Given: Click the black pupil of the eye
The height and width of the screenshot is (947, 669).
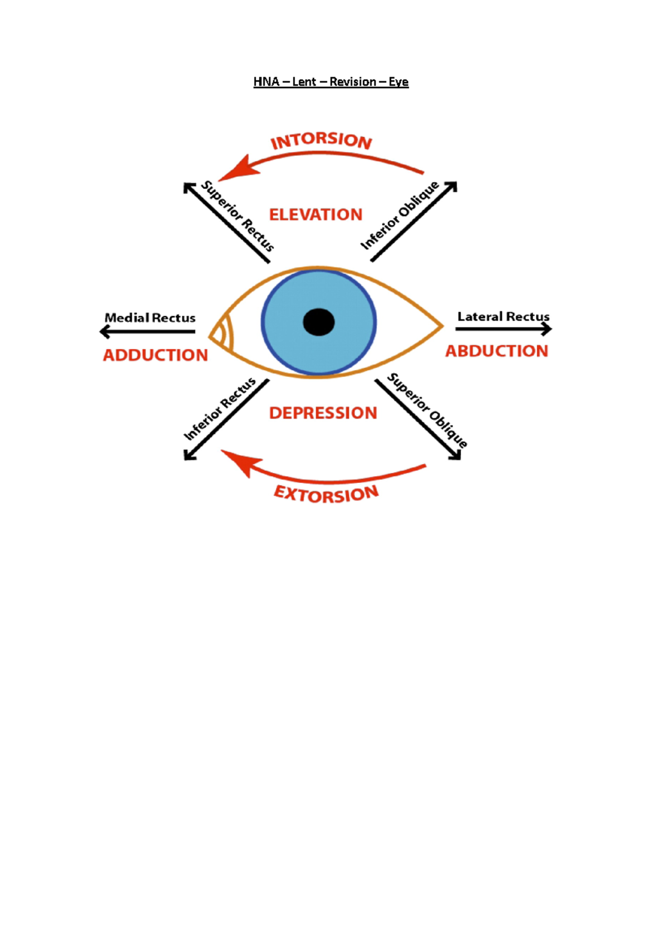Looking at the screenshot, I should [x=319, y=322].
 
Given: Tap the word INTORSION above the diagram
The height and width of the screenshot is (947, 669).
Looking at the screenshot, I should [x=321, y=141].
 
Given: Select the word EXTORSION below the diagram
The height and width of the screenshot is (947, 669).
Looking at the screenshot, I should [x=326, y=494].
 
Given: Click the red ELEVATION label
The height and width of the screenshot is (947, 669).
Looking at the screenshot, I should [x=316, y=215].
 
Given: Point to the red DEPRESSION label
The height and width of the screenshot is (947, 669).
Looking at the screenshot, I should [x=323, y=413].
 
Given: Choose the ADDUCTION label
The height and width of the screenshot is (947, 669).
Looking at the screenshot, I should [x=156, y=355].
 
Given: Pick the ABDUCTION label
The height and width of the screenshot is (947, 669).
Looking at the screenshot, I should [x=497, y=351].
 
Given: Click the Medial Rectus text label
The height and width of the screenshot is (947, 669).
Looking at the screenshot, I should [x=150, y=318].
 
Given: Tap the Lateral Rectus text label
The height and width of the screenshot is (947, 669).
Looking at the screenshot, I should [x=503, y=317].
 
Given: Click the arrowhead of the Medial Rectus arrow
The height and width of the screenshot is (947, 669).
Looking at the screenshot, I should [x=104, y=332].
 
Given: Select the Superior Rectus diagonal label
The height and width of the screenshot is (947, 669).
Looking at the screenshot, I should [x=238, y=216].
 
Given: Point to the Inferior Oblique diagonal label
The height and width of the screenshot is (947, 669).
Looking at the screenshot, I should [x=399, y=216].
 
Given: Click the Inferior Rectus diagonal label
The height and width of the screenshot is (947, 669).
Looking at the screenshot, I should [x=220, y=408].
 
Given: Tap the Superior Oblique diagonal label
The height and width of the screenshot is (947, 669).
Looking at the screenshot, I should [x=427, y=410].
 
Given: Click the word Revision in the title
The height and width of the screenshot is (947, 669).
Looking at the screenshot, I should [x=352, y=82].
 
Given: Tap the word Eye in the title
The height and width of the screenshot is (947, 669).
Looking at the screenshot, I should [x=399, y=82].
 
